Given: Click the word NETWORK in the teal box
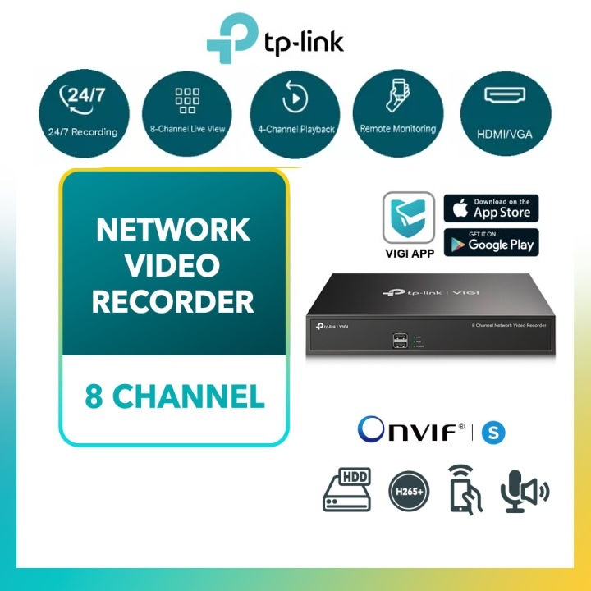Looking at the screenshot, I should pyautogui.click(x=173, y=231).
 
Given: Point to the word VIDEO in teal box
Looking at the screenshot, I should pyautogui.click(x=173, y=266).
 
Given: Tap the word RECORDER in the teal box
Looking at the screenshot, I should pyautogui.click(x=173, y=301).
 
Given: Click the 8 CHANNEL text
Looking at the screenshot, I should pyautogui.click(x=175, y=396).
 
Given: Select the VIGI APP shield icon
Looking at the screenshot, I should pyautogui.click(x=409, y=218).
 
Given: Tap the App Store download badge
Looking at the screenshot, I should pyautogui.click(x=491, y=208).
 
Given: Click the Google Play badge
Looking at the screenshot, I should pyautogui.click(x=491, y=242).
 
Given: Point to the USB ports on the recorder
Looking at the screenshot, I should pyautogui.click(x=399, y=341).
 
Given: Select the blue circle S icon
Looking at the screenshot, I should pyautogui.click(x=494, y=433).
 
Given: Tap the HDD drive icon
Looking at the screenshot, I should pyautogui.click(x=346, y=490).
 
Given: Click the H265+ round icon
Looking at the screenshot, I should pyautogui.click(x=408, y=490).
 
